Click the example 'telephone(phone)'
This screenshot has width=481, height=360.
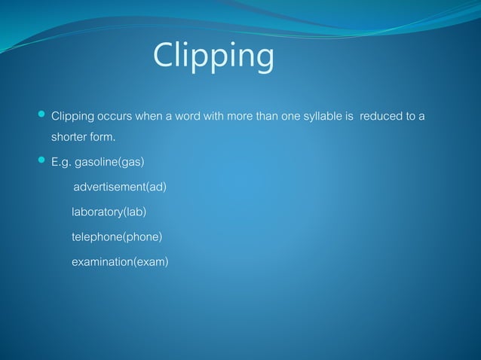(x=117, y=237)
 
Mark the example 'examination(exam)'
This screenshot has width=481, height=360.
(x=120, y=262)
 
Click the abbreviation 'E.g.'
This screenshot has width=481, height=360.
(x=61, y=161)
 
